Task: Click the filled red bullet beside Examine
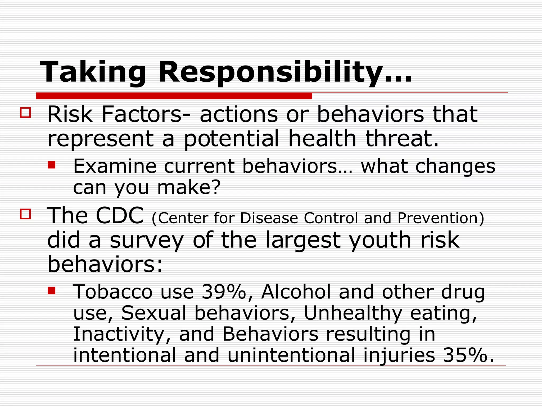pyautogui.click(x=51, y=165)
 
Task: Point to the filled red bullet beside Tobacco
pyautogui.click(x=51, y=290)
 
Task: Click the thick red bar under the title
pyautogui.click(x=174, y=96)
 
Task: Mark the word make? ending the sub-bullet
pyautogui.click(x=189, y=187)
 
